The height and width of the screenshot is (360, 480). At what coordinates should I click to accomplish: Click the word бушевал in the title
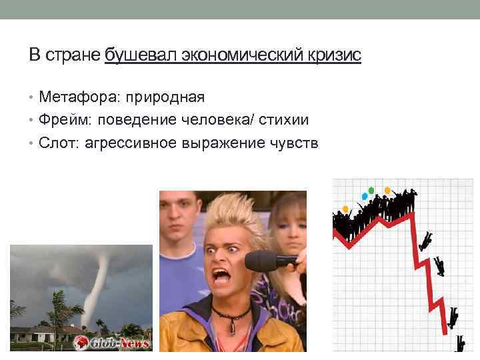point(132,55)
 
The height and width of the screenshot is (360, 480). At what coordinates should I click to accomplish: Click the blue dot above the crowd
point(364,196)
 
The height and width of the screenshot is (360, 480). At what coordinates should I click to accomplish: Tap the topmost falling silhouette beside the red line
point(425,240)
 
